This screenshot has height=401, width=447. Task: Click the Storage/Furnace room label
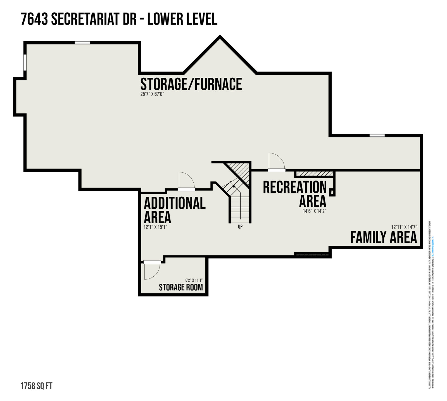tap(191, 84)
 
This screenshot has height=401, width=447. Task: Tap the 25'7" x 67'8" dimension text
tap(152, 94)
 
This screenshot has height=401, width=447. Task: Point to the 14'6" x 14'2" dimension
tap(315, 211)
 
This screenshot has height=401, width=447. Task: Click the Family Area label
tap(384, 238)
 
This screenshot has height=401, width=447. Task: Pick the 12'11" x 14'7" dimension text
tap(404, 227)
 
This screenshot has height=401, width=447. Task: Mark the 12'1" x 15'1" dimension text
tap(155, 227)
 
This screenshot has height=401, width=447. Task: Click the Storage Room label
tap(181, 287)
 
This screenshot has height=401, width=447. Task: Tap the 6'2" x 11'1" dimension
tap(194, 280)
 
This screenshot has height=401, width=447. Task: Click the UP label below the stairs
tap(240, 227)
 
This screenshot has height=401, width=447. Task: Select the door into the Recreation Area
tap(276, 162)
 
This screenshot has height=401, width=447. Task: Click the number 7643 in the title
tap(34, 20)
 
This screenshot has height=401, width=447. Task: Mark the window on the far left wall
tap(25, 62)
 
